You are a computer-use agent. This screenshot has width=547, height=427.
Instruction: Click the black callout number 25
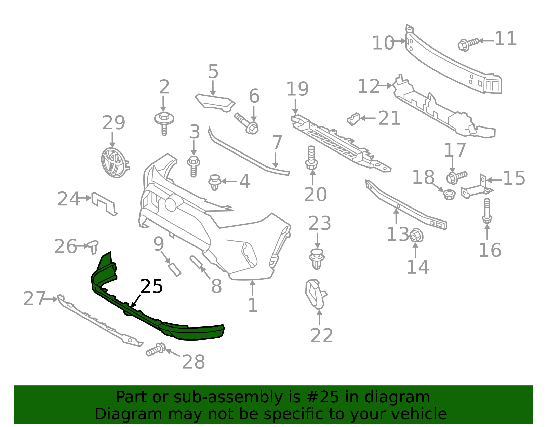click(151, 286)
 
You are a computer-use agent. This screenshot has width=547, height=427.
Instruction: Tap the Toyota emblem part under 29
click(115, 163)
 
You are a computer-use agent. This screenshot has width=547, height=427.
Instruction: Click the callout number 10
click(383, 43)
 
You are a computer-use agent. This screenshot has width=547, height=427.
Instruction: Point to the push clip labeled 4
click(215, 183)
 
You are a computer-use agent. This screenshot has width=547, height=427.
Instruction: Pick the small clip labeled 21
click(354, 119)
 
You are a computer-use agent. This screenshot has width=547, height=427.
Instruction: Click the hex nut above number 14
click(416, 236)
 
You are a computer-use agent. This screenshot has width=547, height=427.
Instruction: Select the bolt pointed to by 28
click(156, 349)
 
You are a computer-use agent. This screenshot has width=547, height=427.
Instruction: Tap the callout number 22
click(322, 335)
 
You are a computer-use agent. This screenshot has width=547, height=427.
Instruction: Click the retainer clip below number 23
click(317, 259)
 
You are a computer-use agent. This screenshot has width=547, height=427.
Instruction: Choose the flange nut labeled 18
click(449, 195)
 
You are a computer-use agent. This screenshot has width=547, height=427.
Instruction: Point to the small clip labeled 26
click(93, 247)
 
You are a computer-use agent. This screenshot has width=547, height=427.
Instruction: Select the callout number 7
click(277, 143)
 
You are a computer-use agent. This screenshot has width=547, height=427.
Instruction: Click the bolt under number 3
click(194, 166)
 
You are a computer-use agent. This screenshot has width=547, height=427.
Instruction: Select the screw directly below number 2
click(164, 123)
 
